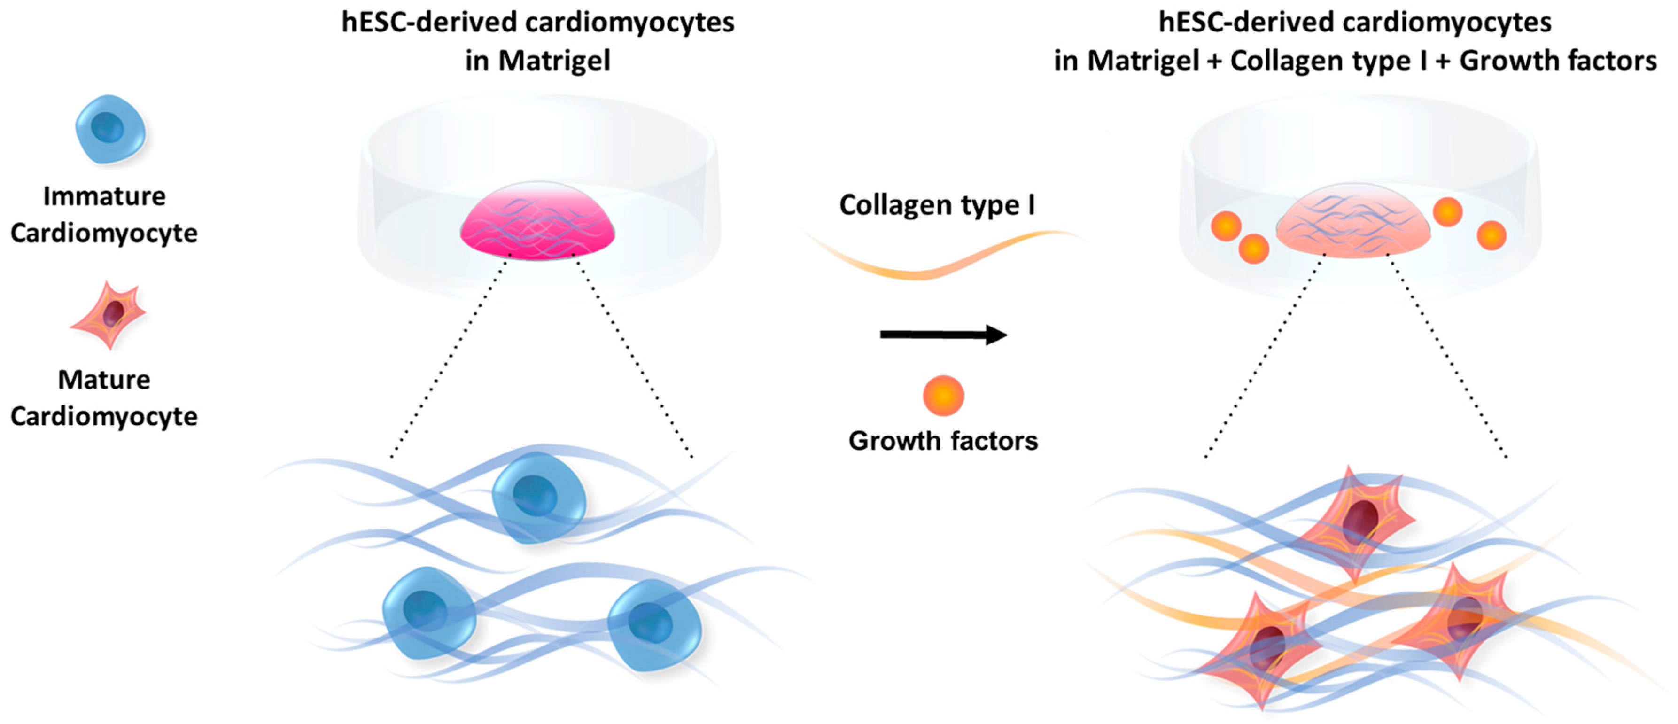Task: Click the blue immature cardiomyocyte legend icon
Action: [109, 129]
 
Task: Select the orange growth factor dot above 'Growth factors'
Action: [942, 396]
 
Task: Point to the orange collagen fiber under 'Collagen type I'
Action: [938, 261]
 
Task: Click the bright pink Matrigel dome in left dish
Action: [537, 222]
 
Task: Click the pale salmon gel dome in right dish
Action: [1353, 223]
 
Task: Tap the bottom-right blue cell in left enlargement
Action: [653, 624]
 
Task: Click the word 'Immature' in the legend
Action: [104, 196]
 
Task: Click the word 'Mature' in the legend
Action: [104, 379]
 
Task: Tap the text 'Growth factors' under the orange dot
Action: [942, 441]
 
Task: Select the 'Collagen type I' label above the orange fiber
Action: [936, 205]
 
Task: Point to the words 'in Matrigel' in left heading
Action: [537, 61]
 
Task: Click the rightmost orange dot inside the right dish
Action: [1491, 235]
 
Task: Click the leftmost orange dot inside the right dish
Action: [1225, 226]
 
